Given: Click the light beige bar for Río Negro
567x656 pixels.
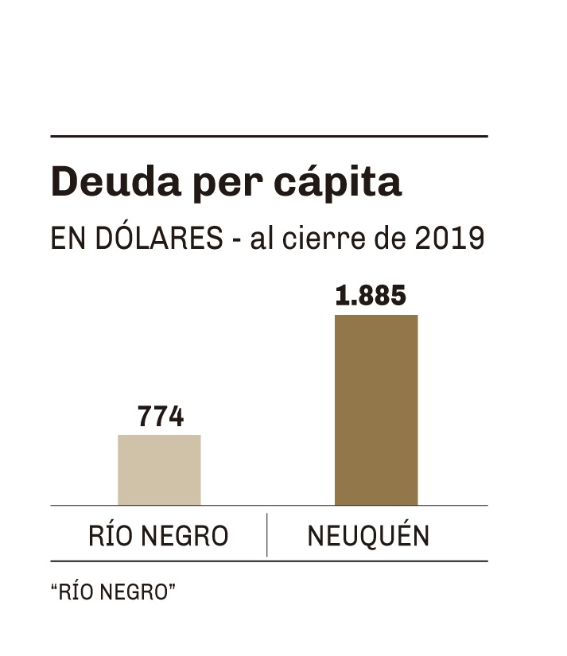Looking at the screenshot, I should (x=159, y=470).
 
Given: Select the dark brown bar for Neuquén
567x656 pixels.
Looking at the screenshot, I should (x=375, y=410).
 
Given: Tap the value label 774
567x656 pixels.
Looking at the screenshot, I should (x=160, y=417).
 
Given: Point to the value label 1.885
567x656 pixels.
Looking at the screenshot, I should (x=371, y=297).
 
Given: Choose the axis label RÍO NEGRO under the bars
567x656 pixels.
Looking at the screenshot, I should (x=158, y=536).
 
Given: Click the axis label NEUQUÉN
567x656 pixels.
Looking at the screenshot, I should (x=368, y=536).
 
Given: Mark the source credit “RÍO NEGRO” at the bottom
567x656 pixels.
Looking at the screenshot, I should (x=112, y=592).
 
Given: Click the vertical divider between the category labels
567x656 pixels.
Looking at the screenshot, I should (x=266, y=534).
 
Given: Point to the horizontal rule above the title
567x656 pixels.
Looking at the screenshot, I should (x=268, y=137).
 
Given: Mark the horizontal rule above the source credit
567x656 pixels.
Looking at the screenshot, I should (x=268, y=561).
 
